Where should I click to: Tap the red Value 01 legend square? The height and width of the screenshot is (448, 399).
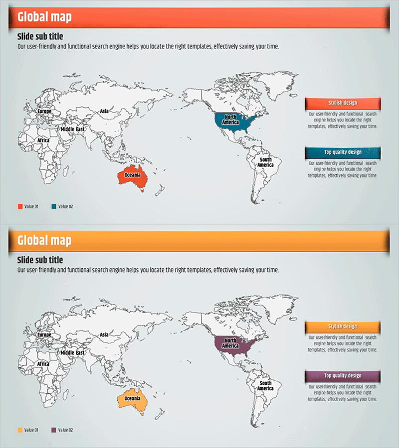click(x=20, y=206)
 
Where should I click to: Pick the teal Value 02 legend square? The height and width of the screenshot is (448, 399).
click(x=54, y=206)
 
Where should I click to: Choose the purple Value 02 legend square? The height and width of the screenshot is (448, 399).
click(x=54, y=430)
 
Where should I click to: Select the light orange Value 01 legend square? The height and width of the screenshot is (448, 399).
click(x=20, y=430)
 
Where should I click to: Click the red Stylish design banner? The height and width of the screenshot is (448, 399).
click(x=343, y=103)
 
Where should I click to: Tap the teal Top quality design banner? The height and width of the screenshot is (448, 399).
click(x=343, y=152)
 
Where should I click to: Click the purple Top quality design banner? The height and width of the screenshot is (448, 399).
click(x=343, y=376)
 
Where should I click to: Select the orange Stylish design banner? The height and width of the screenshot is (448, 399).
click(x=343, y=327)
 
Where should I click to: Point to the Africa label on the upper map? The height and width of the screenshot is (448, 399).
click(x=43, y=140)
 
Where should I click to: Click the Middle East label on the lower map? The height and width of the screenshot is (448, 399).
click(x=72, y=352)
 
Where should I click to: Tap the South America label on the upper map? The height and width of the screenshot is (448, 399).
click(x=265, y=162)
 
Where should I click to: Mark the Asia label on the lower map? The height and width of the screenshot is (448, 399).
click(x=104, y=335)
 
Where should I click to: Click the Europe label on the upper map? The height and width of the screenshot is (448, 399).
click(x=44, y=111)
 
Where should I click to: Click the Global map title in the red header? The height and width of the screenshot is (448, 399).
click(x=44, y=17)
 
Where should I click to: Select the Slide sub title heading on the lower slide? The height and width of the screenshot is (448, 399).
click(x=40, y=260)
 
